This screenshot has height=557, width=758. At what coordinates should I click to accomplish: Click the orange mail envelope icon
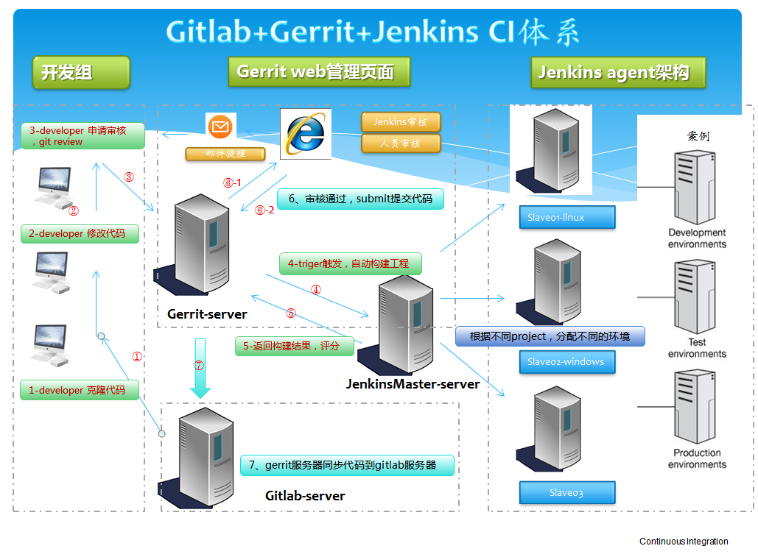tap(220, 127)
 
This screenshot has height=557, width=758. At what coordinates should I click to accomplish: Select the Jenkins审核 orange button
tap(401, 121)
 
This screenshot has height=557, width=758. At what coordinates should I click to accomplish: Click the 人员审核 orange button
tap(401, 143)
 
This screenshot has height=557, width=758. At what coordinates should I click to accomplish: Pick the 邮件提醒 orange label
tap(225, 154)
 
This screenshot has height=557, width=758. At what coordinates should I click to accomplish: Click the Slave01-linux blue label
tap(566, 217)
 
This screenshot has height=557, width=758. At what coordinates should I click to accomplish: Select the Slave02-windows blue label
tap(566, 362)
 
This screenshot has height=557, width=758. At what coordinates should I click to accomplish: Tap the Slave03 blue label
tap(566, 492)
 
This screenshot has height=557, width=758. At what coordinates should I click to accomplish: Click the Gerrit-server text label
tap(207, 314)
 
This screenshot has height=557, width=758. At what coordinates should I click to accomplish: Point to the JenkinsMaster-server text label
tap(413, 384)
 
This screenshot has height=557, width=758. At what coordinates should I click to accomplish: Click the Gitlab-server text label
tap(305, 496)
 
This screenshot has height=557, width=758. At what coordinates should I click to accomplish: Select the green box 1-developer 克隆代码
tap(80, 390)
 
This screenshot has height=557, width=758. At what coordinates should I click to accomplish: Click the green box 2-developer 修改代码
tap(80, 233)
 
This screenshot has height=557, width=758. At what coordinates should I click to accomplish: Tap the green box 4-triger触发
tap(350, 263)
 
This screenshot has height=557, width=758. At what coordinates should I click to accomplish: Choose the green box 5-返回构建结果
tap(294, 346)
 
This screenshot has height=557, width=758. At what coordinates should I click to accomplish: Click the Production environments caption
tap(697, 458)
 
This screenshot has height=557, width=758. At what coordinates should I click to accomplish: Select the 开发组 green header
tap(80, 72)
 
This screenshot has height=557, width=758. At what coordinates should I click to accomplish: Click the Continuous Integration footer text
tap(684, 542)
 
